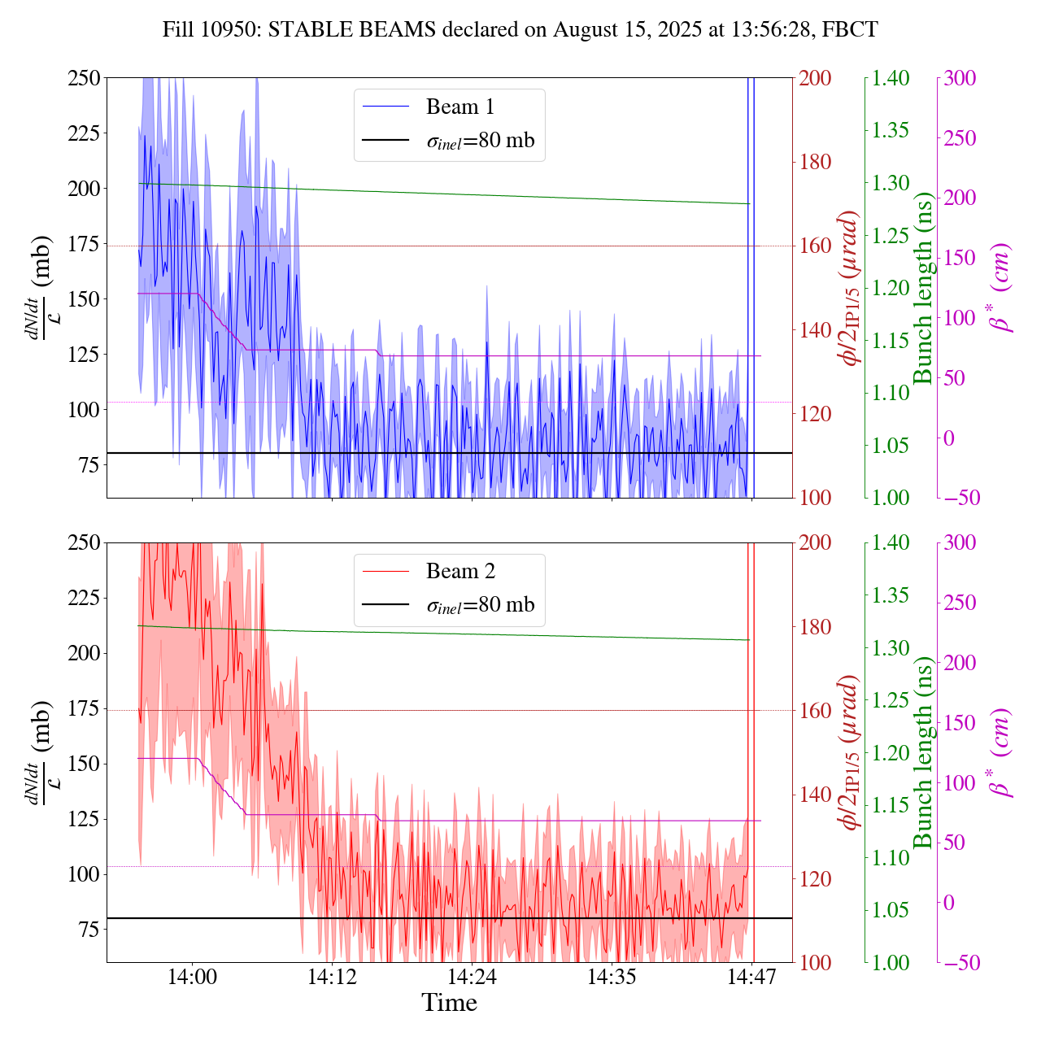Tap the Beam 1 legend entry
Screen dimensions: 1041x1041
(x=460, y=107)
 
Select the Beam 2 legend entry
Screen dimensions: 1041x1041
(x=460, y=571)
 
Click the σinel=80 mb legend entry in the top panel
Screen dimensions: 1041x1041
(x=481, y=141)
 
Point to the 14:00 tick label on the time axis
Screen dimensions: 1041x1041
(x=192, y=975)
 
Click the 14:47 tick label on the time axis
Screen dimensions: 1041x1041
(x=752, y=975)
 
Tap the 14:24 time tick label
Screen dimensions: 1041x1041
(x=472, y=975)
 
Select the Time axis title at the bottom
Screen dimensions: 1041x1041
(x=449, y=1003)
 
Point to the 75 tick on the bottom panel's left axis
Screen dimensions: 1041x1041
(x=87, y=930)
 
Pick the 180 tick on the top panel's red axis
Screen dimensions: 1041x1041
(x=816, y=162)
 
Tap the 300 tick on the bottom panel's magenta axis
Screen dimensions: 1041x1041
(x=960, y=542)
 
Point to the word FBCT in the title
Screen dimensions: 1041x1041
(x=850, y=30)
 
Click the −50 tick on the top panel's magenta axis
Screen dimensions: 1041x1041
(x=959, y=498)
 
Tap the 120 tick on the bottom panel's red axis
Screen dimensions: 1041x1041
(x=816, y=878)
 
